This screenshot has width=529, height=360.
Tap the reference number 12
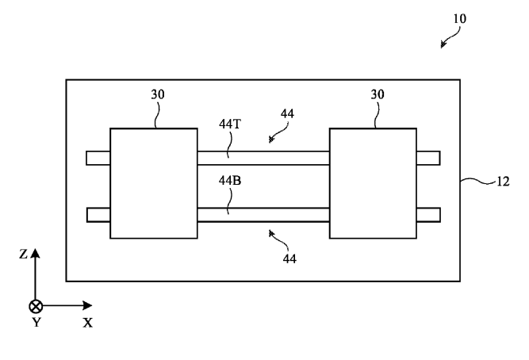pos(502,182)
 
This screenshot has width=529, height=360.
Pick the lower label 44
pos(289,259)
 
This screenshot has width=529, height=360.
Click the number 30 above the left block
pos(159,95)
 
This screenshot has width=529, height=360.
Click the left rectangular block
pos(153,183)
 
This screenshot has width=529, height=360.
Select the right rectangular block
pos(372,183)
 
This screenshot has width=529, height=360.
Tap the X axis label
pos(87,324)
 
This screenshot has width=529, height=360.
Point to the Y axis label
pos(35,324)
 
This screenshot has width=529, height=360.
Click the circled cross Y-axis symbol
pos(35,305)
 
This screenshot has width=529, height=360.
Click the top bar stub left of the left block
pos(98,158)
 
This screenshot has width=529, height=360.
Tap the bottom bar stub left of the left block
pos(98,214)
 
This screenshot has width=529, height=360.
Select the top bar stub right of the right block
pos(427,158)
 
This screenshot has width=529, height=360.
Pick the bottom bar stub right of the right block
pos(427,214)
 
